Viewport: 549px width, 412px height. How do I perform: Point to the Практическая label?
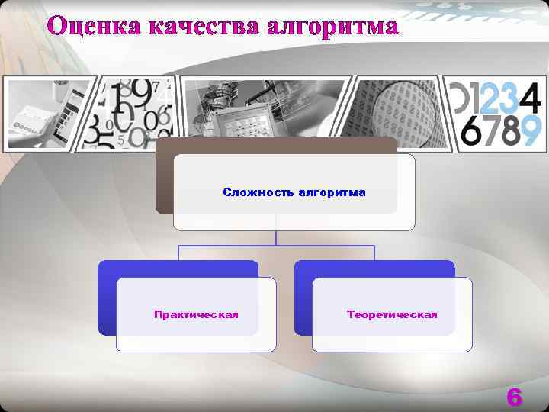point(196,314)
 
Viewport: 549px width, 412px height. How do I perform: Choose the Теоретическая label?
point(392,314)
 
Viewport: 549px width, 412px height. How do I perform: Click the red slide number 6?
point(515,398)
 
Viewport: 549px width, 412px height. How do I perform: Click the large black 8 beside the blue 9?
point(508,131)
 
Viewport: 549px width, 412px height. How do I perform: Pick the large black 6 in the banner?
point(472,131)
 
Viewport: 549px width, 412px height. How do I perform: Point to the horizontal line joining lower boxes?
point(276,246)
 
